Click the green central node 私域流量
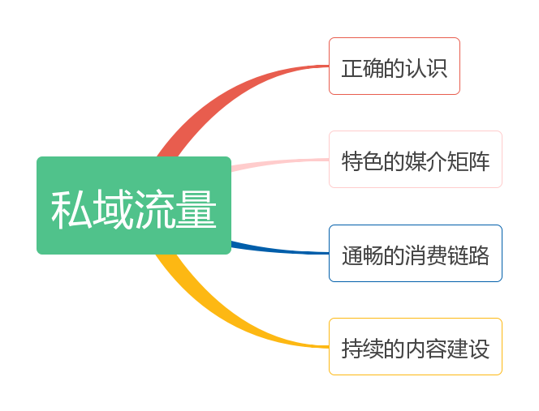point(134,205)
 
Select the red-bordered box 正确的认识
point(395,66)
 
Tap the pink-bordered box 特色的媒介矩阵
point(416,160)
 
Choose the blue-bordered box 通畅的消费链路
point(416,254)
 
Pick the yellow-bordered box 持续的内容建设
point(416,347)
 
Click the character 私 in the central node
point(71,209)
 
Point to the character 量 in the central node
point(196,209)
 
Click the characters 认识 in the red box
point(426,68)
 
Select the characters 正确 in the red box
point(362,68)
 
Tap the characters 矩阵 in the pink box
point(468,161)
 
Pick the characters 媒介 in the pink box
point(426,161)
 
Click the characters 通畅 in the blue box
point(363,255)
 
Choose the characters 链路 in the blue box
point(468,255)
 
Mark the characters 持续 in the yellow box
point(363,349)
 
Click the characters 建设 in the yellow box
point(468,349)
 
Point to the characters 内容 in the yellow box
point(426,349)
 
